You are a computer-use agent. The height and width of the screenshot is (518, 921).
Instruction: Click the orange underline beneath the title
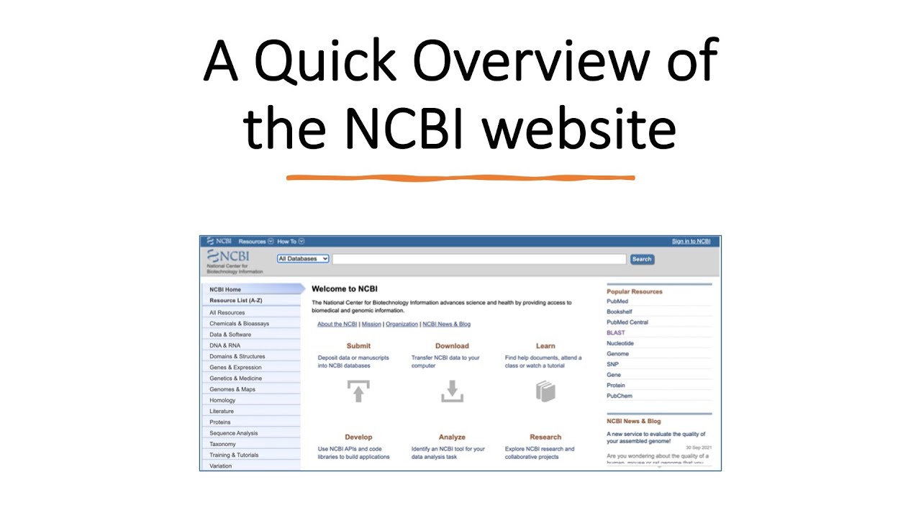coord(460,177)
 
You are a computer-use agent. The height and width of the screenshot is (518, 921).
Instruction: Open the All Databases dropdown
coord(303,259)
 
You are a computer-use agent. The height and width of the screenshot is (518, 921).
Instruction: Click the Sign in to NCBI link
coord(691,242)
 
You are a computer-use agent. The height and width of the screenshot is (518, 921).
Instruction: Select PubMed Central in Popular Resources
coord(627,322)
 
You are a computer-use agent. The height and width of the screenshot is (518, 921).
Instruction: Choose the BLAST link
coord(616,333)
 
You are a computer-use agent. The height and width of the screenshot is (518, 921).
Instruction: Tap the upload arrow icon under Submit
coord(358,391)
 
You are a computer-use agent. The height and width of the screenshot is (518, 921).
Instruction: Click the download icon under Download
coord(452,391)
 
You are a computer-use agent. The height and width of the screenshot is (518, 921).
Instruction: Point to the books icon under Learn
coord(545,391)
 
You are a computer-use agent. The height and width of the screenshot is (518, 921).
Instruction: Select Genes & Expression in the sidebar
coord(235,368)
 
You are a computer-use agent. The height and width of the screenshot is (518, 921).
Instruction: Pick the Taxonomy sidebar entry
coord(222,445)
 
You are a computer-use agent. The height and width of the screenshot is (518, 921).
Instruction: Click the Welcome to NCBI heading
coord(345,289)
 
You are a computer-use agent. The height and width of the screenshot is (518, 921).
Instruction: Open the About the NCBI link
coord(337,324)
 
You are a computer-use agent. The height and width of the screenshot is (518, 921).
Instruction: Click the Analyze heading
coord(452,437)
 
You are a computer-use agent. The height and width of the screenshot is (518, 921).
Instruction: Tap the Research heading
coord(545,437)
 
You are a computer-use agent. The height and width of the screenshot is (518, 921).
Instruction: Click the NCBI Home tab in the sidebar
coord(225,290)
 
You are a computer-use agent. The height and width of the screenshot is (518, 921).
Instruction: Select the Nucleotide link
coord(620,343)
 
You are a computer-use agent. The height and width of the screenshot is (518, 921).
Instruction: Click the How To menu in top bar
coord(287,242)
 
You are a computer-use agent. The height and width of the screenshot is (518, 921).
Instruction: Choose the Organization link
coord(401,324)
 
